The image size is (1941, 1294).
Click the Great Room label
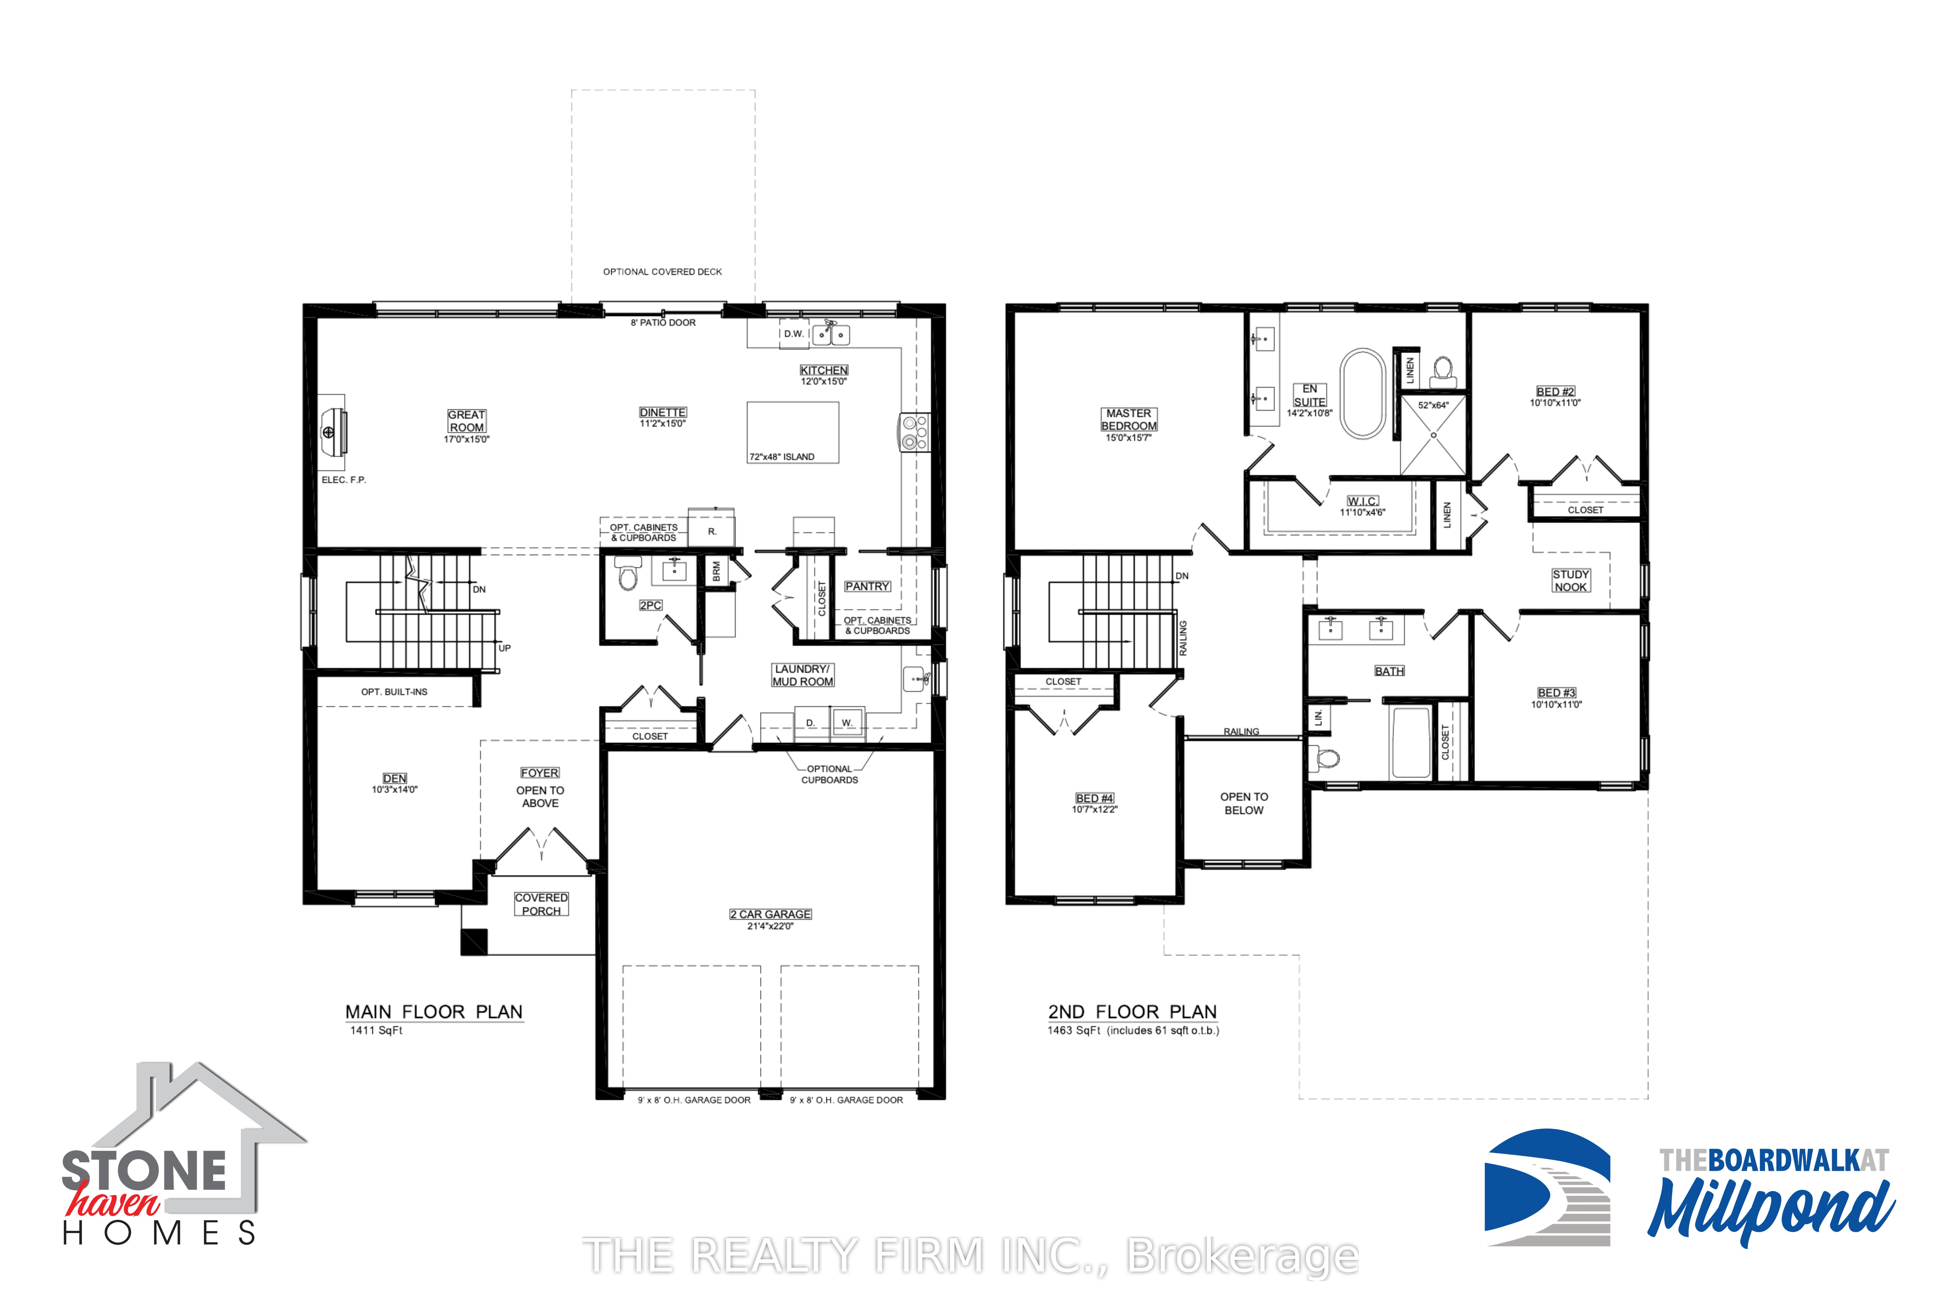coord(466,421)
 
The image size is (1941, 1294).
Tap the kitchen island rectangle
coord(793,432)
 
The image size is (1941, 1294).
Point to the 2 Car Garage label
coord(770,914)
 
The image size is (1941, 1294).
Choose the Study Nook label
coord(1570,581)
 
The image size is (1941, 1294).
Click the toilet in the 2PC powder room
coord(629,574)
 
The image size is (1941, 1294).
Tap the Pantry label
coord(866,587)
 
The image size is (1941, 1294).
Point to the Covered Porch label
coord(541,905)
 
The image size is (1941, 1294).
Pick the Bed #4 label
coord(1094,798)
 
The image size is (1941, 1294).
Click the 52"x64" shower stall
coord(1433,435)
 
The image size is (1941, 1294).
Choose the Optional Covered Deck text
coord(663,271)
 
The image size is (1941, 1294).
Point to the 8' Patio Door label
coord(664,323)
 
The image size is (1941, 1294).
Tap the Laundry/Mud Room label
coord(803,675)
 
